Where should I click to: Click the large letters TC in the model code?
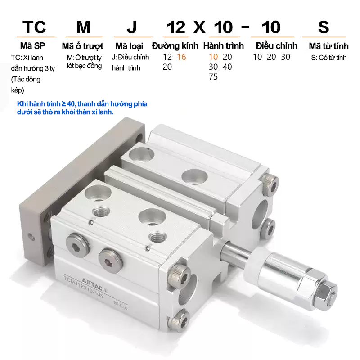34,27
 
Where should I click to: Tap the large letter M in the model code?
83,27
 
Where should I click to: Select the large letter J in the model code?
131,27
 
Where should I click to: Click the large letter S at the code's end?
324,27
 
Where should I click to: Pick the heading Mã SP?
32,46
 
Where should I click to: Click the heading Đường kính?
175,46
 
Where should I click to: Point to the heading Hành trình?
223,46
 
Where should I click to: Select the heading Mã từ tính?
328,46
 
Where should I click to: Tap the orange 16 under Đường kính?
181,57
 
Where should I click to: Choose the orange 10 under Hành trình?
213,57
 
